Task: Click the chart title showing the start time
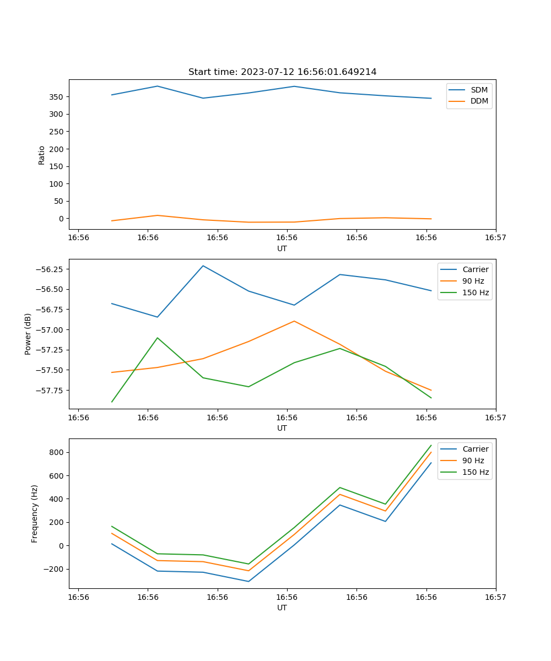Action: pyautogui.click(x=282, y=72)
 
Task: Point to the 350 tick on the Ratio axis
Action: pyautogui.click(x=57, y=97)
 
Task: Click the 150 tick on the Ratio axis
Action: pyautogui.click(x=57, y=166)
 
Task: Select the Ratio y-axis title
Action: pyautogui.click(x=42, y=155)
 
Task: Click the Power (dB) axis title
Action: pyautogui.click(x=28, y=334)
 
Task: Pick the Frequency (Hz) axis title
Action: pyautogui.click(x=35, y=513)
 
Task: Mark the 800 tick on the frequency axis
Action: pyautogui.click(x=57, y=453)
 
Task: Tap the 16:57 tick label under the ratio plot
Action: pyautogui.click(x=495, y=238)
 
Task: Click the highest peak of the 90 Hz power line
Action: pyautogui.click(x=294, y=321)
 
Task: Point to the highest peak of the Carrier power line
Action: pyautogui.click(x=203, y=266)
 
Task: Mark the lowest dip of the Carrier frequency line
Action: pyautogui.click(x=249, y=581)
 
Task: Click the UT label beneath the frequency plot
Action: pyautogui.click(x=282, y=608)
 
